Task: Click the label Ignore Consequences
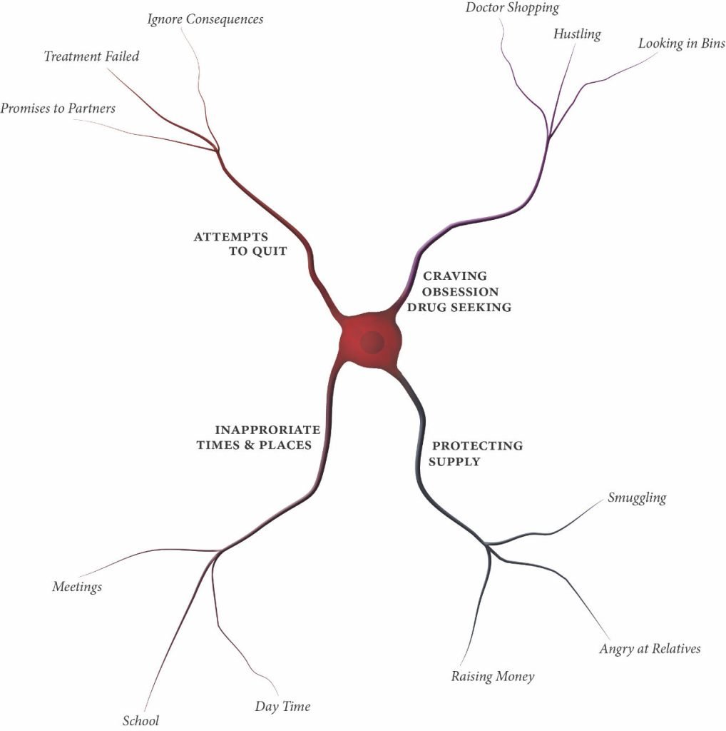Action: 205,19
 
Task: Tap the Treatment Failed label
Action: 91,56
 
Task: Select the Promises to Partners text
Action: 58,109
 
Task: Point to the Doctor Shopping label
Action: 512,8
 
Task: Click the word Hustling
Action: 577,34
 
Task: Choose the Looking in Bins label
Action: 681,44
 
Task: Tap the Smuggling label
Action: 637,498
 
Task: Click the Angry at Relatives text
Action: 650,649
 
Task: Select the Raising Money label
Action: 492,676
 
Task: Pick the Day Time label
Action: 282,707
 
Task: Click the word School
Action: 140,721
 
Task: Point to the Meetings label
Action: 77,587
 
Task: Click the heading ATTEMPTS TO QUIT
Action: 240,243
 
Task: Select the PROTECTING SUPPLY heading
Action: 476,453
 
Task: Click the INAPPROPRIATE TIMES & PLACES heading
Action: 258,437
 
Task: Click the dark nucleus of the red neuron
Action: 372,343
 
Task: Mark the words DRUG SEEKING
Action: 464,307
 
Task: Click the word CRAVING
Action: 455,276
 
